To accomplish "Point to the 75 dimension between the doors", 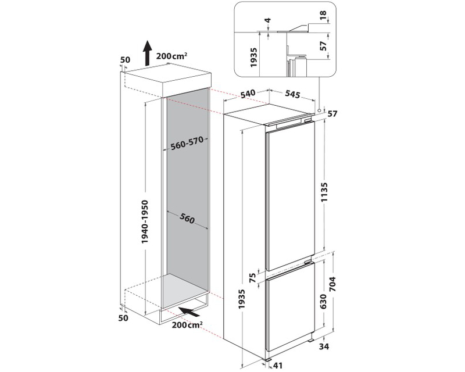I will pos(253,278).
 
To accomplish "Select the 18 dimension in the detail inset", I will pos(323,14).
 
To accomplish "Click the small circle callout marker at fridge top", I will pos(319,108).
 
